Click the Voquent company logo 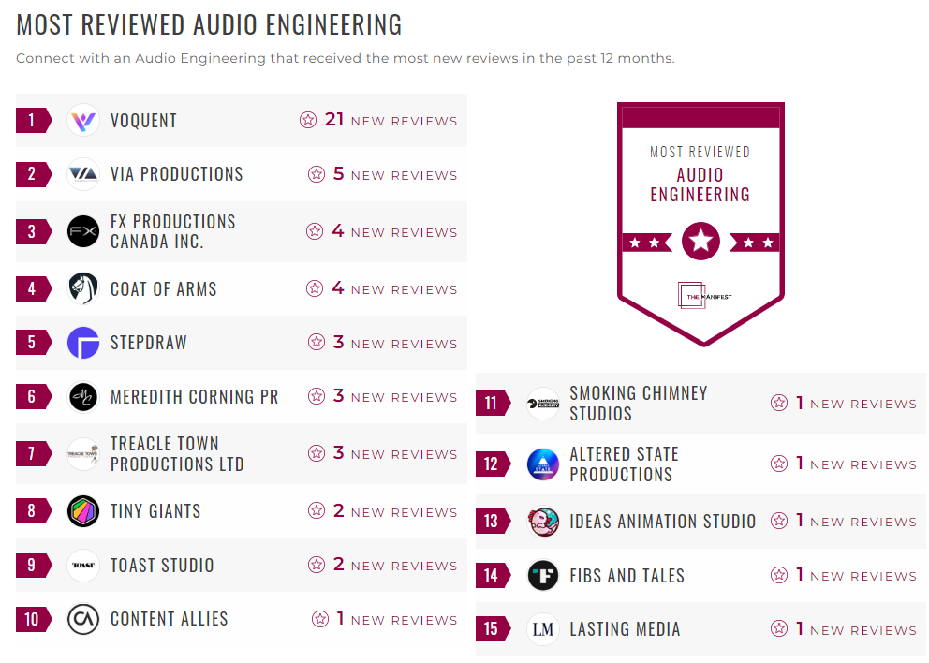[x=83, y=120]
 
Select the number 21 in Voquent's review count [x=334, y=120]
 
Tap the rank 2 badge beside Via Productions [x=33, y=174]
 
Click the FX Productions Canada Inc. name [x=172, y=231]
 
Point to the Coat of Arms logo [x=83, y=288]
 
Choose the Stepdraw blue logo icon [x=83, y=343]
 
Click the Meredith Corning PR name [x=194, y=397]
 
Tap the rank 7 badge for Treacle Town [x=33, y=454]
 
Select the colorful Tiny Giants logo [x=83, y=511]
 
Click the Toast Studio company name [x=162, y=566]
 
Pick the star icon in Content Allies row [x=320, y=619]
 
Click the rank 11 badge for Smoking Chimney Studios [x=492, y=404]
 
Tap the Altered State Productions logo [x=543, y=464]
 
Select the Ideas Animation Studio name [x=662, y=522]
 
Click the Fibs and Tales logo [x=543, y=575]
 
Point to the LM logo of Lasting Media [x=543, y=629]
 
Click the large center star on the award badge [x=700, y=242]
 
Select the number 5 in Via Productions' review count [x=339, y=174]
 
